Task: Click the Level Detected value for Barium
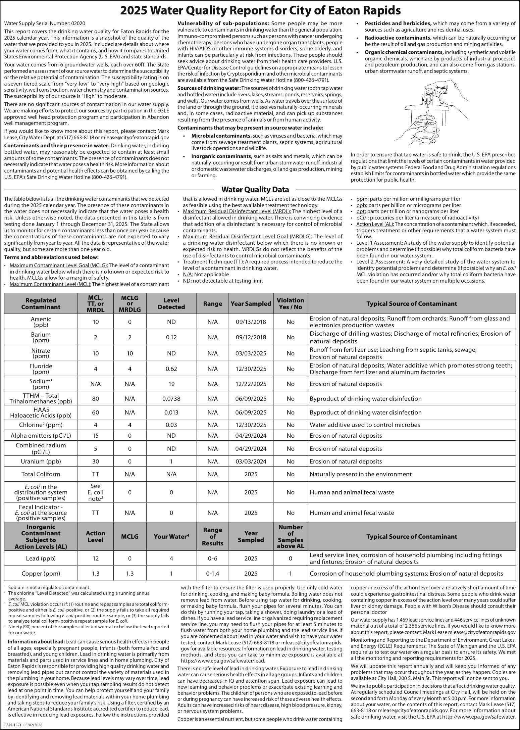point(171,337)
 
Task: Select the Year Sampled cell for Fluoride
point(251,369)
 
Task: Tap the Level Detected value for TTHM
point(171,399)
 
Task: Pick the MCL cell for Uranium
point(96,461)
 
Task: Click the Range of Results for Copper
point(212,574)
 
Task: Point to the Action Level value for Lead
point(96,558)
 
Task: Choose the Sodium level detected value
point(171,384)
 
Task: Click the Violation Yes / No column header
point(290,303)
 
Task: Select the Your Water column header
point(171,537)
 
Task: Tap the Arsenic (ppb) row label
point(41,322)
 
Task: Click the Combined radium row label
point(41,448)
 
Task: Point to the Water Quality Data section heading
point(255,190)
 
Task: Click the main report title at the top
point(260,11)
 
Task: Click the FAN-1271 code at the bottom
point(23,725)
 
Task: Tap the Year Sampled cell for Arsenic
point(251,322)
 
